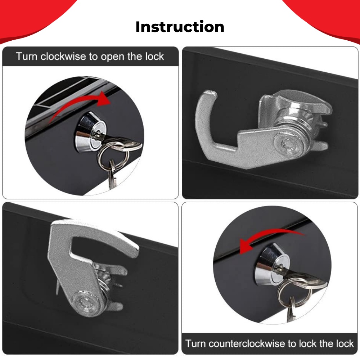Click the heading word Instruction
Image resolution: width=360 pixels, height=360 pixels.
[180, 27]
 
